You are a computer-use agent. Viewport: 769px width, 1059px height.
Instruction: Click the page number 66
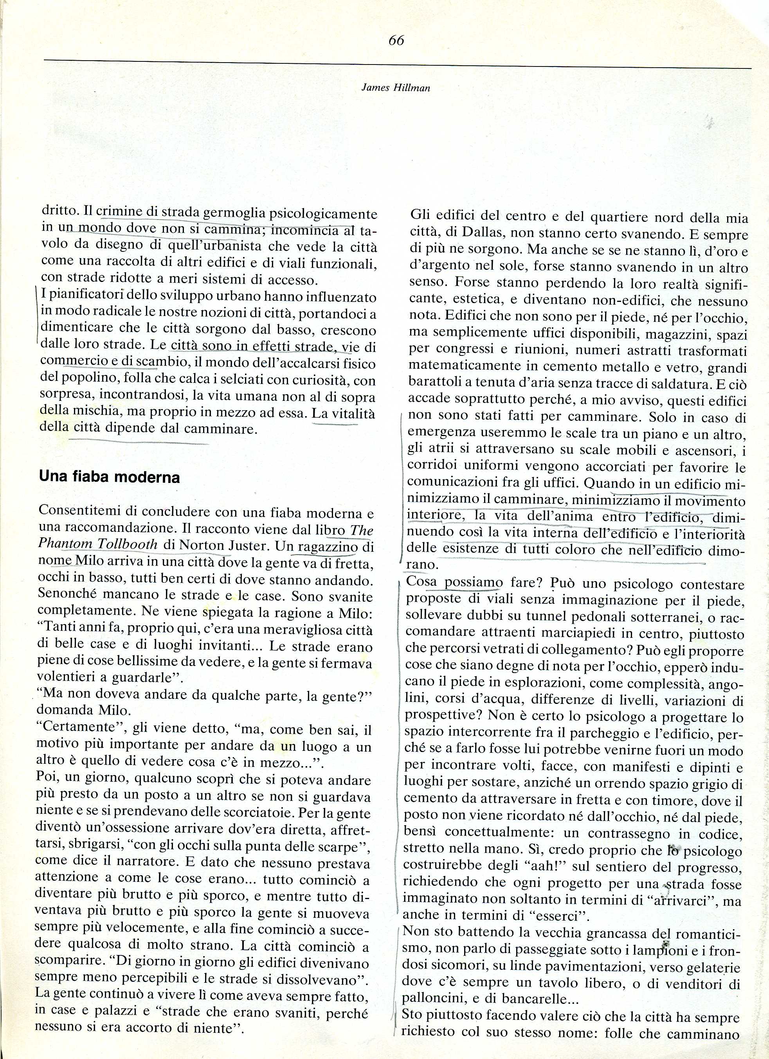point(396,41)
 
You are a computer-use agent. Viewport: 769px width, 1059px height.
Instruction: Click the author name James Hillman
point(396,88)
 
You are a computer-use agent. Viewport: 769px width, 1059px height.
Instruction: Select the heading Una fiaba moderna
point(109,477)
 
